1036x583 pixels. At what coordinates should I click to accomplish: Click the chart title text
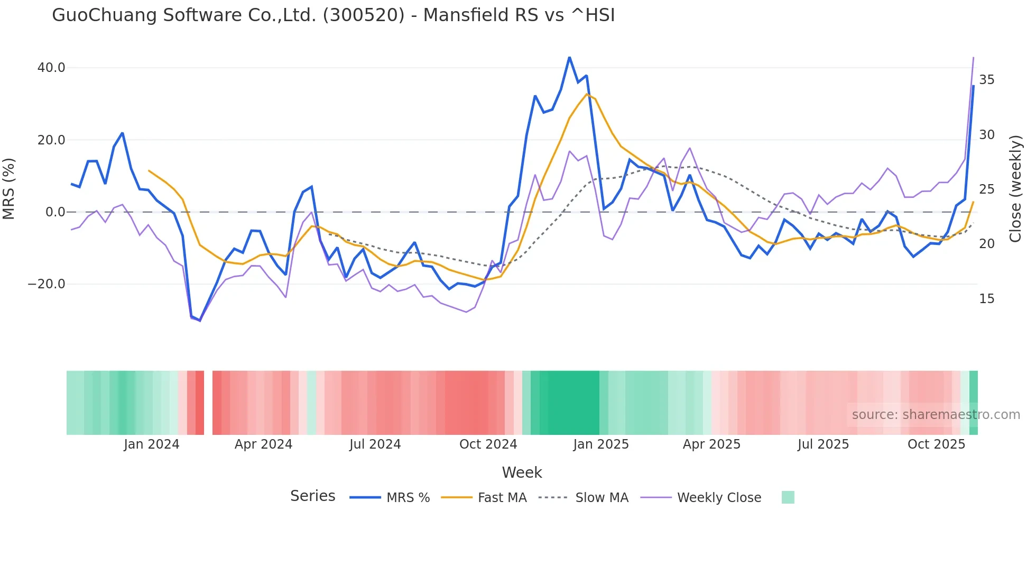pos(333,15)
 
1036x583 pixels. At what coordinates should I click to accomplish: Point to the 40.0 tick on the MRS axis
pos(51,68)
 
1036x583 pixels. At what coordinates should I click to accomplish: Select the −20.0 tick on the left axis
pos(47,284)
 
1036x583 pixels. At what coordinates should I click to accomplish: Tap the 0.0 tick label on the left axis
pos(55,212)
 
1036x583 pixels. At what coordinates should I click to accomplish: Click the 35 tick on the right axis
pos(986,80)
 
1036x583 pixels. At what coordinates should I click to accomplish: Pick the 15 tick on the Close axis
pos(986,299)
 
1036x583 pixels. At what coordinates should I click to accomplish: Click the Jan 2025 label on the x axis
pos(600,444)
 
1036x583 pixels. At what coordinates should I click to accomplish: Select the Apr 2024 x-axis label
pos(263,444)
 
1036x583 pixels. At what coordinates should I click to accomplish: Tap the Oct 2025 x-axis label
pos(936,444)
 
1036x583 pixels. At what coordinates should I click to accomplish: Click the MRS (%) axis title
pos(9,188)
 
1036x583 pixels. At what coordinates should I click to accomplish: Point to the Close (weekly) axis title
pos(1015,189)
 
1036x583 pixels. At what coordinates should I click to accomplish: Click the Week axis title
pos(522,472)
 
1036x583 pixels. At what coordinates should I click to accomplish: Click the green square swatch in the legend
pos(788,498)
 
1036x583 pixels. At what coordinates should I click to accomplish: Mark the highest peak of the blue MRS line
pos(569,57)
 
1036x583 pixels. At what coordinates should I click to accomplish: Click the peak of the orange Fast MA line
pos(587,95)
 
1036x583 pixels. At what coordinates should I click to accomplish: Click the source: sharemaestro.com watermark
pos(936,415)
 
